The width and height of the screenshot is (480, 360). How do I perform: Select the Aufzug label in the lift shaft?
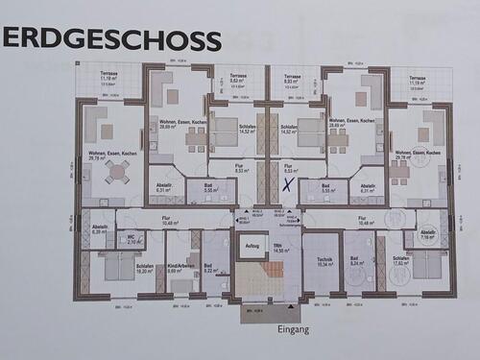click(x=252, y=246)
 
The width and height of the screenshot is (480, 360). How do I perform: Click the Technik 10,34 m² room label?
click(x=324, y=259)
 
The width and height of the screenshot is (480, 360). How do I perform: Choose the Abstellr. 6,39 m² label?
click(x=101, y=229)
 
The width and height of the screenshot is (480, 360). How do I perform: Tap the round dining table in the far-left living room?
click(x=116, y=172)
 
